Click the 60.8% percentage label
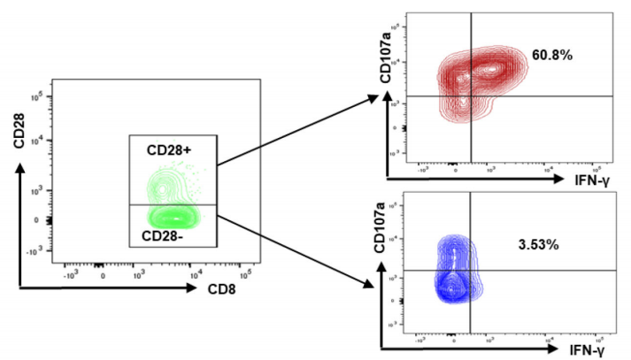click(552, 55)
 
